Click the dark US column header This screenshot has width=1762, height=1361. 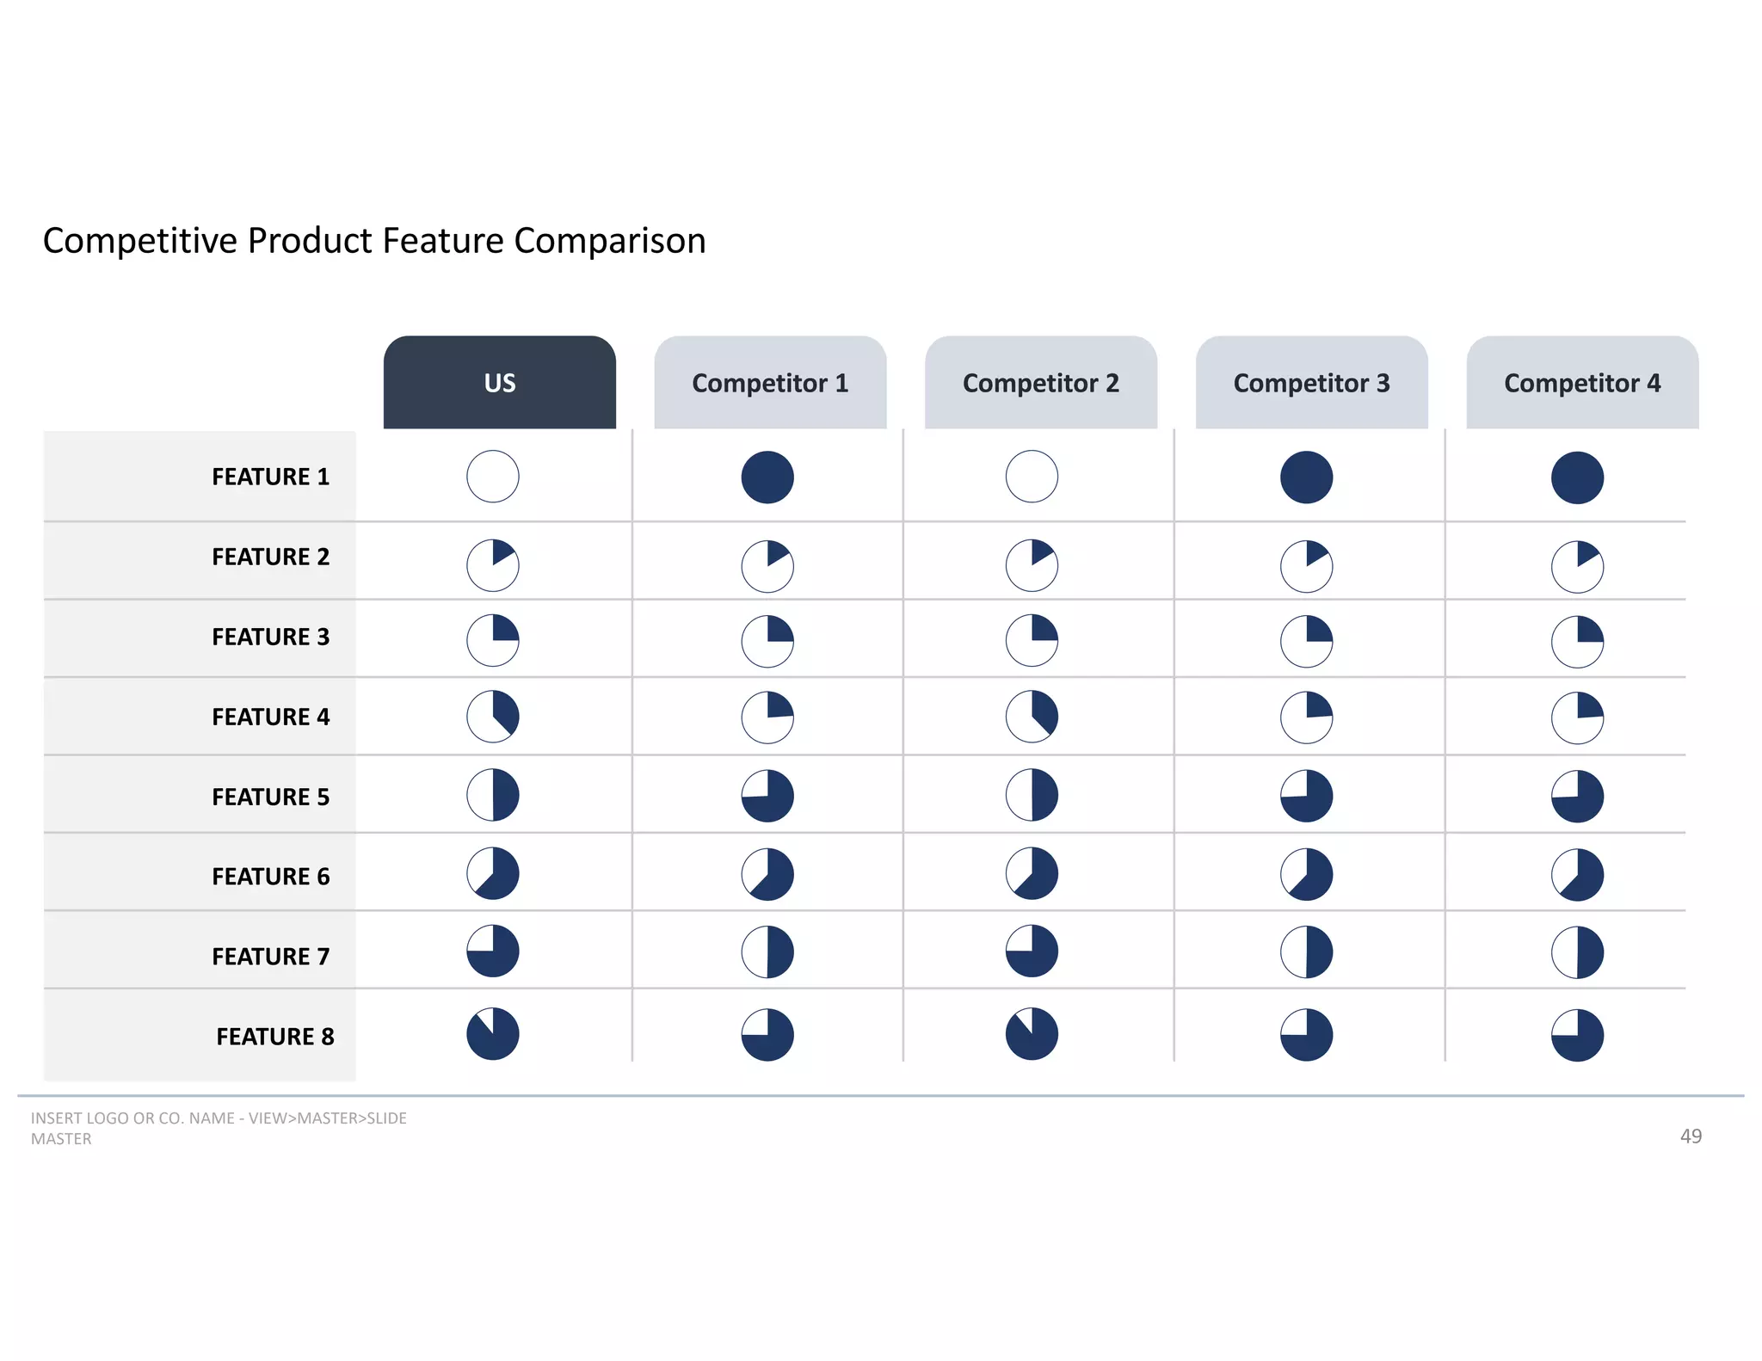tap(499, 383)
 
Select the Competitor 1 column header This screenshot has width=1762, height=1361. tap(770, 383)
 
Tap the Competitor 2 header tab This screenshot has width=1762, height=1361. tap(1041, 383)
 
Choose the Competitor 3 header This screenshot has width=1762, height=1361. tap(1311, 383)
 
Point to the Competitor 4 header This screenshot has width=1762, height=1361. tap(1582, 383)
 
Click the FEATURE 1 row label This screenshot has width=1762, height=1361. tap(270, 477)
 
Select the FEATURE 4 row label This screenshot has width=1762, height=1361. tap(270, 717)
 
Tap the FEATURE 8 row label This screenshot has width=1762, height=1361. tap(274, 1037)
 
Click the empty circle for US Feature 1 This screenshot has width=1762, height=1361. tap(493, 477)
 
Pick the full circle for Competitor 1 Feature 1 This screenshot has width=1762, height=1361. tap(767, 477)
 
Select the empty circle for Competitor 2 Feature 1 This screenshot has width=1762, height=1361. tap(1032, 477)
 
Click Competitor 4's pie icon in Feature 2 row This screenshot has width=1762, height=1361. tap(1577, 567)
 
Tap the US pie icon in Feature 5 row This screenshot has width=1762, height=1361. tap(493, 795)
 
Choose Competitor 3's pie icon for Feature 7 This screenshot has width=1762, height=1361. tap(1306, 952)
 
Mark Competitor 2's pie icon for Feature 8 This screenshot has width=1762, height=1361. tap(1032, 1034)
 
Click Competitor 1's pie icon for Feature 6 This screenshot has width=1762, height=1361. tap(767, 875)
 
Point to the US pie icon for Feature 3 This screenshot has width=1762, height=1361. tap(493, 640)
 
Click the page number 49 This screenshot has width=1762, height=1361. tap(1691, 1136)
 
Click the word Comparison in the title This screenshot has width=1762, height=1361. tap(609, 242)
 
